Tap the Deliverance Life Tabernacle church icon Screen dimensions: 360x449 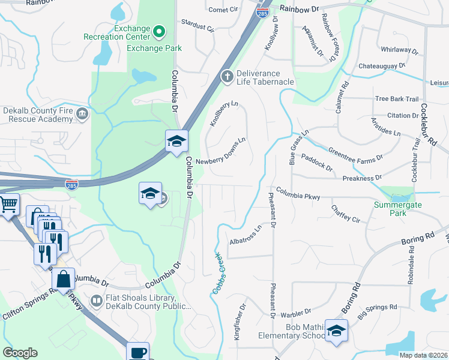(227, 76)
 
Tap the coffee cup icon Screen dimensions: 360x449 (137, 352)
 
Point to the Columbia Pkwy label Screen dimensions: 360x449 (298, 196)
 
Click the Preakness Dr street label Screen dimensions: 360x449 (362, 178)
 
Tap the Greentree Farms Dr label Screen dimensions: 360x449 (355, 155)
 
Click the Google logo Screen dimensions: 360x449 (20, 353)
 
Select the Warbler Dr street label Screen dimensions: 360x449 (295, 312)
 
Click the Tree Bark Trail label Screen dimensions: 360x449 (396, 99)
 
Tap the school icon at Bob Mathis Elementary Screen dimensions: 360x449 (337, 331)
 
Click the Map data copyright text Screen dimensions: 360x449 (423, 355)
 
